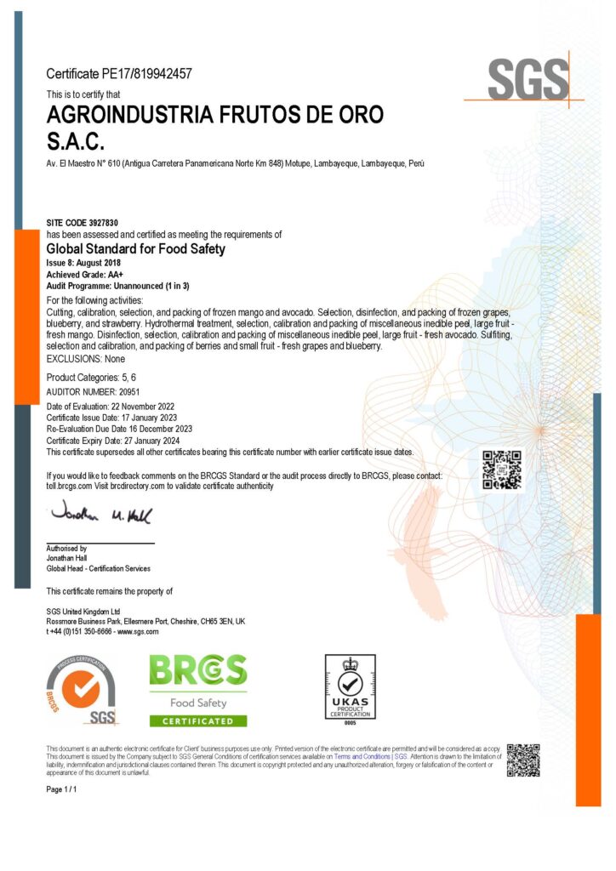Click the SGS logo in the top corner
point(528,81)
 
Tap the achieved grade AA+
point(109,275)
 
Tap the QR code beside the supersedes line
point(502,470)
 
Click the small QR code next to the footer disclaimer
point(523,760)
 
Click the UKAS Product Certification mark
point(350,689)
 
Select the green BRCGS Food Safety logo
point(198,690)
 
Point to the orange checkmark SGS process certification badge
point(82,692)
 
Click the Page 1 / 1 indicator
point(62,790)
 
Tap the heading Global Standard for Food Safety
point(135,249)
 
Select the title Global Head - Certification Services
point(98,568)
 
